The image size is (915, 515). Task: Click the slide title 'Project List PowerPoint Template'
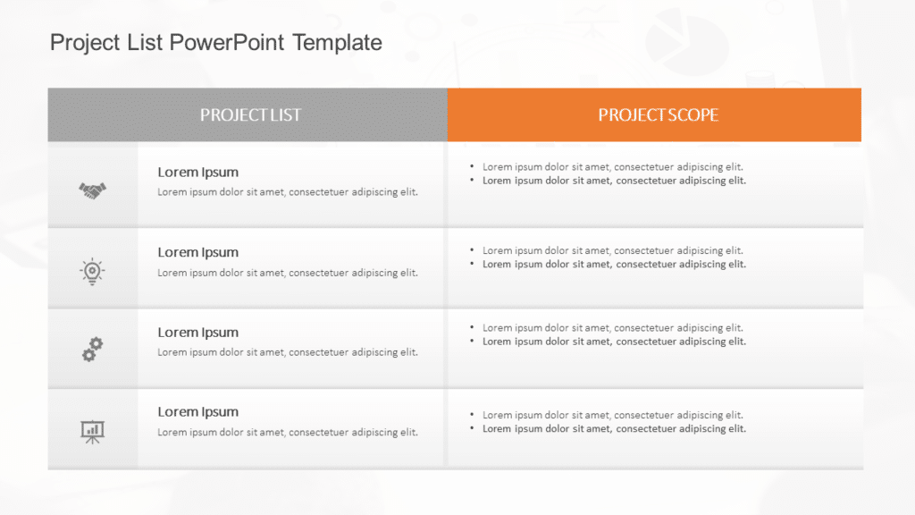215,42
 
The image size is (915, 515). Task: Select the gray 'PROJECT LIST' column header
250,114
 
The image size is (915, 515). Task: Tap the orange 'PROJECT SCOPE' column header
658,114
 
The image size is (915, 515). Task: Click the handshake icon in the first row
92,190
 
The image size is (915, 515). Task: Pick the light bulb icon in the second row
92,270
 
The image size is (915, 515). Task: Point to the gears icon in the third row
92,350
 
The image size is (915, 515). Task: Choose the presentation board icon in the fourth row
92,431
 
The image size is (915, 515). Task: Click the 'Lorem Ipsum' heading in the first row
197,173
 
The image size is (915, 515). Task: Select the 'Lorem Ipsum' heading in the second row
197,253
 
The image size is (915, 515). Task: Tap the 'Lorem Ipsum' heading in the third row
197,333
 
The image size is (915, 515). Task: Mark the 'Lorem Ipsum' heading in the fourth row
197,412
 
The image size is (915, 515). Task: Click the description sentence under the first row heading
287,192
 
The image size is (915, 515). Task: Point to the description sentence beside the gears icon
287,352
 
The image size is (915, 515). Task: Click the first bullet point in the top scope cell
612,167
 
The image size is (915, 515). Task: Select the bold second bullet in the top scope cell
613,181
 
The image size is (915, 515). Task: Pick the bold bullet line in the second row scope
613,265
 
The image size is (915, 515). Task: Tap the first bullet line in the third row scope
612,328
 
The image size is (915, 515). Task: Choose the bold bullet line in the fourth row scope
613,429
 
